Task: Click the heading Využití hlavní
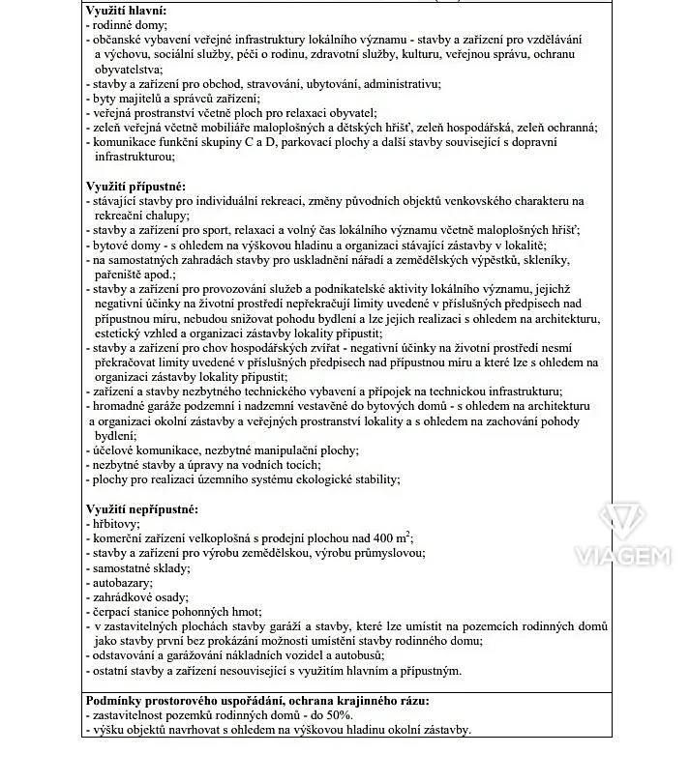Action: click(x=126, y=11)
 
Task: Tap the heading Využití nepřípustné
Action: click(x=141, y=508)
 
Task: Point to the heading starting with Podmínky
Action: click(x=257, y=701)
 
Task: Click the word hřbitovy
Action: click(x=114, y=524)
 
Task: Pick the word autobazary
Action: click(x=121, y=584)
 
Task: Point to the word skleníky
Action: click(x=542, y=260)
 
